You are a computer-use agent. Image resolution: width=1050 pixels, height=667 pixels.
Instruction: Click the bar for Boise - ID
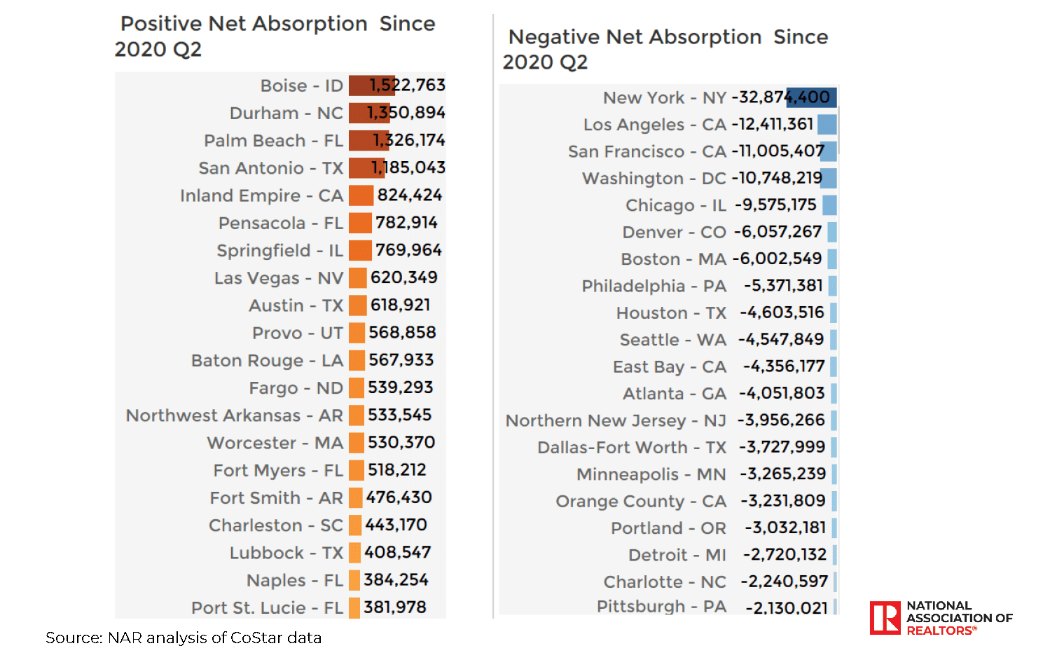pos(371,85)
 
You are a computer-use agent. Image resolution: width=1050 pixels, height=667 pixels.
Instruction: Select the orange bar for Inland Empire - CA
pos(361,195)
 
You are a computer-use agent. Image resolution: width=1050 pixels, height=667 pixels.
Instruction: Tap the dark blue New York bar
pos(811,97)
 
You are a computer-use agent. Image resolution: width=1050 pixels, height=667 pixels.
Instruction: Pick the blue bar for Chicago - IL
pos(829,205)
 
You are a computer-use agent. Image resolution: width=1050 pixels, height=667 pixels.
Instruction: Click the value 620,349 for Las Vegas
pos(404,277)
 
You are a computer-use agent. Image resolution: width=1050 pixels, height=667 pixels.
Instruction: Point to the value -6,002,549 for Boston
pos(778,259)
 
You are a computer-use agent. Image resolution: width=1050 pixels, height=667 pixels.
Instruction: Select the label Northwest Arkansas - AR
pos(234,415)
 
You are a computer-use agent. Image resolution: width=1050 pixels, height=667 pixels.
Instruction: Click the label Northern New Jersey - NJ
pos(616,420)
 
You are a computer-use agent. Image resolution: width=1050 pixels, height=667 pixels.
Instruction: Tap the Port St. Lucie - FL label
pos(267,607)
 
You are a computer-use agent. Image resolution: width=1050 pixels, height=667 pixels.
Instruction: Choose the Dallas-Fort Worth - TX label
pos(632,447)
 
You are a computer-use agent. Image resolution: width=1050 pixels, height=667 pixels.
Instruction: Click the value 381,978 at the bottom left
pos(395,607)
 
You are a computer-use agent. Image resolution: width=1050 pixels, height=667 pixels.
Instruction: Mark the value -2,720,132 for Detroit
pos(785,555)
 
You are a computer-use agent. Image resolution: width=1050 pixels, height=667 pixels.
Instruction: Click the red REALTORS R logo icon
pos(885,618)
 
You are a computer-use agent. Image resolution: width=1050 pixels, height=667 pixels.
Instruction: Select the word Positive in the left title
pos(161,24)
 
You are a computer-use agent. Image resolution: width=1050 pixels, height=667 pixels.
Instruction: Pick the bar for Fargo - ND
pos(357,387)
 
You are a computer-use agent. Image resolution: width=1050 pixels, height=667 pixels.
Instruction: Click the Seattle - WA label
pos(672,340)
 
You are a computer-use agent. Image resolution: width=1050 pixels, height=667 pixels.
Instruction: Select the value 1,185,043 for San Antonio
pos(408,168)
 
